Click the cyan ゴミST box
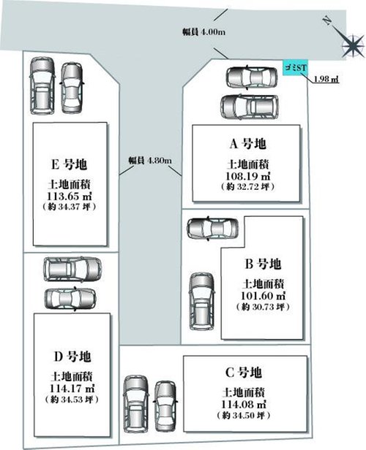(x=296, y=68)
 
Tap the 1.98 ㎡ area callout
(x=326, y=79)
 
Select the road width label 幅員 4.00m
(x=203, y=32)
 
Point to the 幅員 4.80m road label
(x=150, y=160)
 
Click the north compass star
(x=353, y=45)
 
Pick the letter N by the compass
(x=326, y=20)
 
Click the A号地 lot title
(x=247, y=143)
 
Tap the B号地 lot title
(x=263, y=264)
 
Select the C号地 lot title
(x=243, y=373)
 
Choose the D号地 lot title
(x=72, y=356)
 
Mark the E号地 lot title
(x=69, y=164)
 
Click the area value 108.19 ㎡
(x=248, y=175)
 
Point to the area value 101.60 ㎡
(x=263, y=296)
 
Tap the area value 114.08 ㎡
(x=244, y=404)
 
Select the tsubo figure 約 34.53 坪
(x=72, y=399)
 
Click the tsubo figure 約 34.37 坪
(x=69, y=207)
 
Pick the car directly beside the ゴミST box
(x=252, y=77)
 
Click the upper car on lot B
(x=212, y=229)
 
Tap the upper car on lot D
(x=72, y=269)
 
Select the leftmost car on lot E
(x=42, y=85)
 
